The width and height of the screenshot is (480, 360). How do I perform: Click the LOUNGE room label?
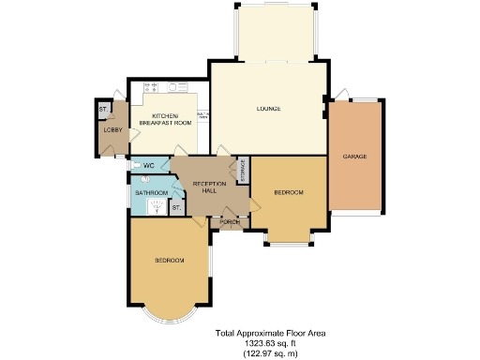coord(269,109)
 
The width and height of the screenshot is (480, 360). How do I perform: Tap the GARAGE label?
coord(354,156)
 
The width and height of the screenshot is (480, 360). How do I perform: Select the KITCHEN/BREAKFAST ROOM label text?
coord(165,119)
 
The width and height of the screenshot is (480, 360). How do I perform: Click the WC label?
coord(148,166)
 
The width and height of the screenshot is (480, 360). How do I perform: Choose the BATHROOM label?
coord(150,193)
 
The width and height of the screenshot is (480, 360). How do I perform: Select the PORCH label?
coord(228,222)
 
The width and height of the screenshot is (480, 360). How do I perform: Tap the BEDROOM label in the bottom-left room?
coord(169,260)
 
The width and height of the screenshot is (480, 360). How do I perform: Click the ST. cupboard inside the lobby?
coord(102,111)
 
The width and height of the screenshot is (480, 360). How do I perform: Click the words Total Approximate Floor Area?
coord(272,332)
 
